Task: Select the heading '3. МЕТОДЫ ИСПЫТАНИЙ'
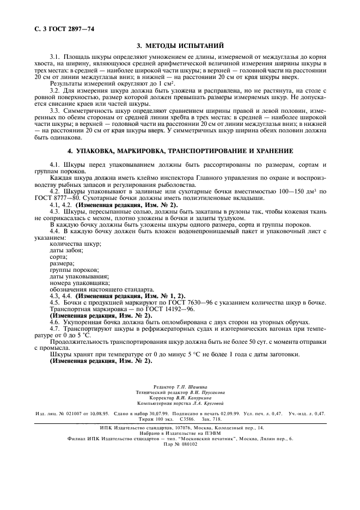(180, 46)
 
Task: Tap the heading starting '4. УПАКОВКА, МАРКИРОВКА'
(180, 150)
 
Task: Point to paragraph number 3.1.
(56, 57)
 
